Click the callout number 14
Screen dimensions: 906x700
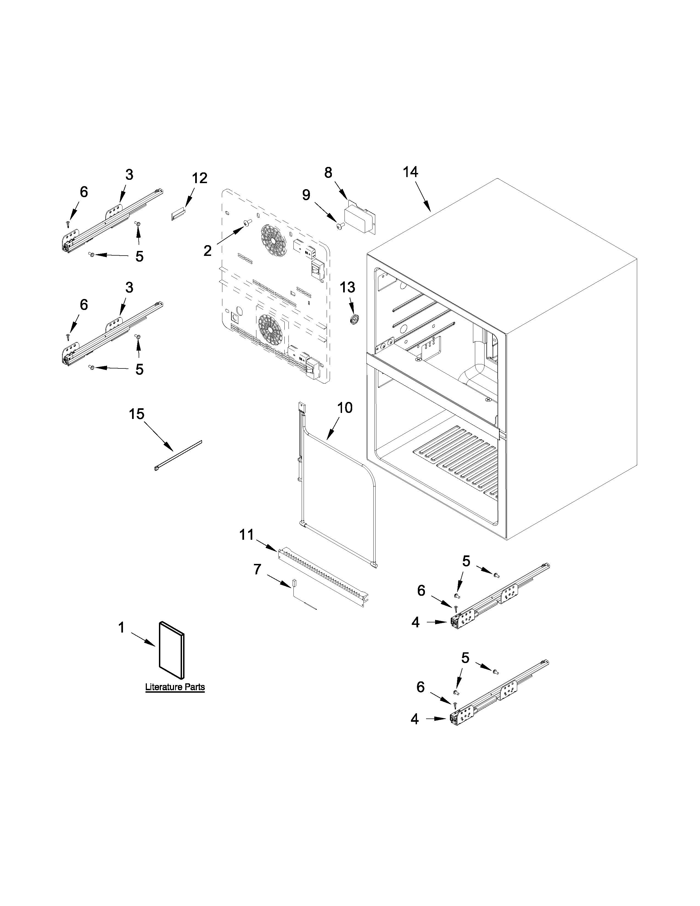click(411, 172)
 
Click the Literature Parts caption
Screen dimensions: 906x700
click(175, 687)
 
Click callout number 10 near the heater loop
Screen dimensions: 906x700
click(344, 408)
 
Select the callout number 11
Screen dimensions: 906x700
click(246, 535)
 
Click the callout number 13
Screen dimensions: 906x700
click(348, 287)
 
